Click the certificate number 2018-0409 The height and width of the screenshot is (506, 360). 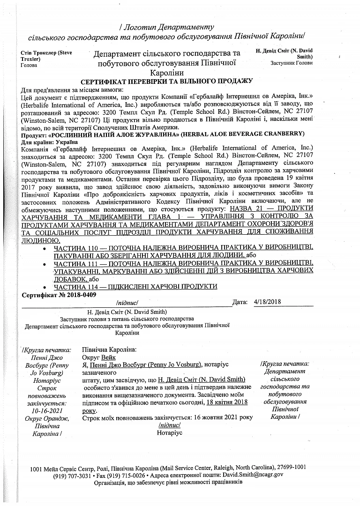point(79,295)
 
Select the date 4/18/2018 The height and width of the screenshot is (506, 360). point(269,302)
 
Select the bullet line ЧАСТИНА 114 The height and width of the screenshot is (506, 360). point(135,286)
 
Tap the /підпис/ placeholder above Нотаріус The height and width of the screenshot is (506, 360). point(170,425)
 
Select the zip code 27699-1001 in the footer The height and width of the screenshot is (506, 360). point(290,467)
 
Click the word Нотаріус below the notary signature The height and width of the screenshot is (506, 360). point(170,432)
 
